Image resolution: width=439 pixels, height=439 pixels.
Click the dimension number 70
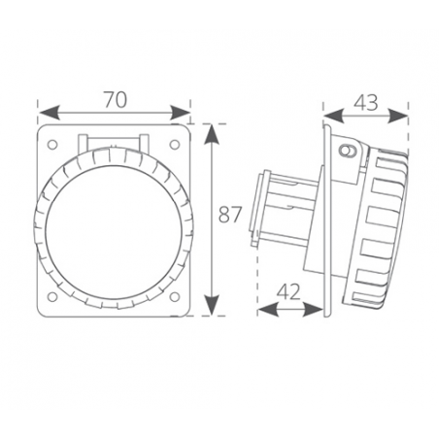(116, 100)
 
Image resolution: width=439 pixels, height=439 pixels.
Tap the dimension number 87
(230, 215)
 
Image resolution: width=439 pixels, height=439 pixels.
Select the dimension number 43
(366, 103)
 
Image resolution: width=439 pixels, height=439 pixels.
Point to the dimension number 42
(288, 291)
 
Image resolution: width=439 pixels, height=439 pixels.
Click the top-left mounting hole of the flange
(52, 145)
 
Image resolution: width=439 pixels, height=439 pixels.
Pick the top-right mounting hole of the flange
(175, 145)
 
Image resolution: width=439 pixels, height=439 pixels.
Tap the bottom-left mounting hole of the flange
(52, 296)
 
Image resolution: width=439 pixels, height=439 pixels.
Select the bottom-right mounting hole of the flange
(175, 296)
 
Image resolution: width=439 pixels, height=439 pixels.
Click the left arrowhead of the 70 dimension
(50, 114)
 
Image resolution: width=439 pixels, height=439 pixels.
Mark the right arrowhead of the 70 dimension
(180, 114)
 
